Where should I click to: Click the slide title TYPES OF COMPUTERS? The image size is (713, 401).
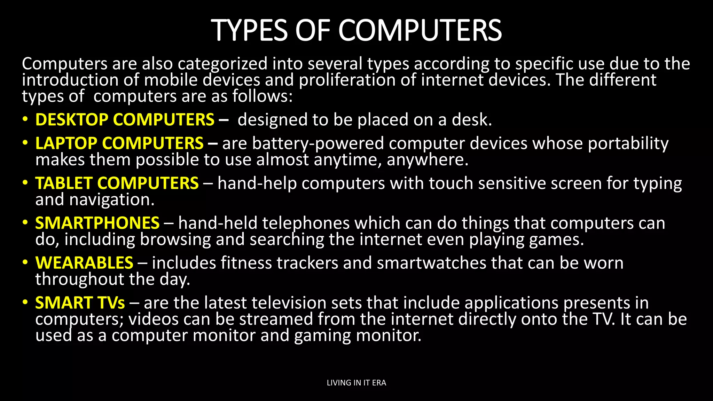pyautogui.click(x=356, y=30)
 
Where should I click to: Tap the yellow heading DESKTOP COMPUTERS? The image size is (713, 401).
pyautogui.click(x=125, y=120)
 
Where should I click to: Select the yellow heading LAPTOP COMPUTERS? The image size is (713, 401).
pyautogui.click(x=119, y=143)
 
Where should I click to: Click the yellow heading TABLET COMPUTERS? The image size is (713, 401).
pyautogui.click(x=117, y=183)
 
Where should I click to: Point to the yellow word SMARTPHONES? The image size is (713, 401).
pyautogui.click(x=97, y=223)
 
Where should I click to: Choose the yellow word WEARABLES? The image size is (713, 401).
pyautogui.click(x=84, y=263)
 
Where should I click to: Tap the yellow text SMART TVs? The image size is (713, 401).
pyautogui.click(x=80, y=303)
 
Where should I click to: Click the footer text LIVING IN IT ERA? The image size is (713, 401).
pyautogui.click(x=356, y=383)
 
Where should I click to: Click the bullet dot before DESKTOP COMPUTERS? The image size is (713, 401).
pyautogui.click(x=25, y=119)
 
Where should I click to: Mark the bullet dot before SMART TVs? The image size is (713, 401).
pyautogui.click(x=25, y=302)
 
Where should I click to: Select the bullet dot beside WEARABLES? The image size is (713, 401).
pyautogui.click(x=25, y=262)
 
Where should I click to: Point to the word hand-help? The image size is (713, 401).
pyautogui.click(x=257, y=183)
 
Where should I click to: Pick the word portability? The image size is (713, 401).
pyautogui.click(x=628, y=144)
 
